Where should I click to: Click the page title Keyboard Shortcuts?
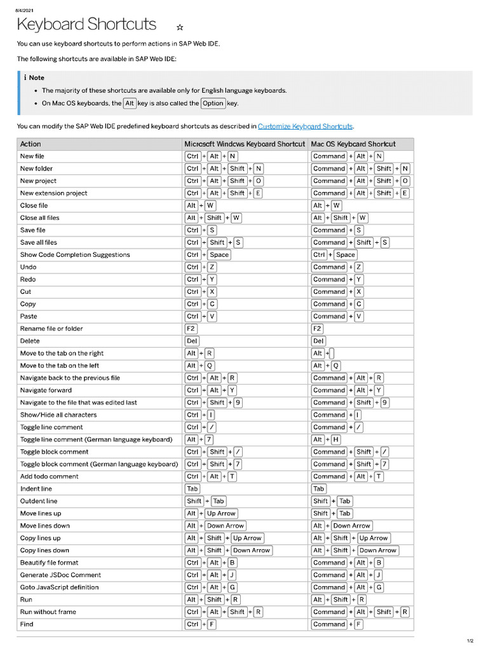(86, 25)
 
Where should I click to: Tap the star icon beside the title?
(180, 27)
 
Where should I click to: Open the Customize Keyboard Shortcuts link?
(305, 127)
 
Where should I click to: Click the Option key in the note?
(213, 103)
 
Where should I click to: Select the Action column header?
(30, 144)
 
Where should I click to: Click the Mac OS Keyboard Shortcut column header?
(353, 144)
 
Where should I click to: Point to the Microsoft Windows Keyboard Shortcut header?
(245, 144)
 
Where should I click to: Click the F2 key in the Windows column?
(191, 329)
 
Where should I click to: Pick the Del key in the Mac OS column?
(318, 341)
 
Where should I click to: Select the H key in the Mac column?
(335, 439)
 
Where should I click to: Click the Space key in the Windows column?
(219, 255)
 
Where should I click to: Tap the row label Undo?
(28, 267)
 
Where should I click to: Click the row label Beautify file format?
(50, 563)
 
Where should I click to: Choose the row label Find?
(27, 624)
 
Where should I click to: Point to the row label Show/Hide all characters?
(58, 415)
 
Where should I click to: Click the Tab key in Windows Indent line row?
(192, 489)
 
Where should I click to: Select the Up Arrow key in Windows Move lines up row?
(221, 513)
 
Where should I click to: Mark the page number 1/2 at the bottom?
(470, 641)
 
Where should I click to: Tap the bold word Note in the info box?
(36, 78)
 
